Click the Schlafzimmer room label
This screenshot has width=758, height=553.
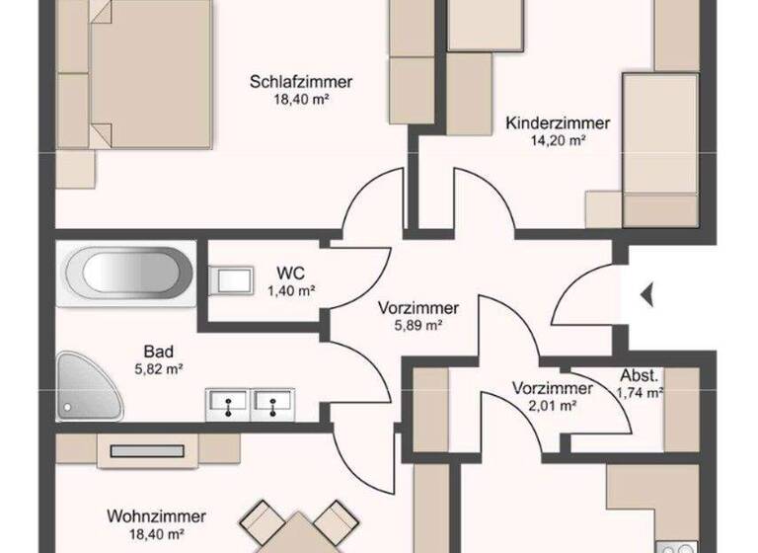click(301, 82)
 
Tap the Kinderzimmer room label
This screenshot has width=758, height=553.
click(558, 123)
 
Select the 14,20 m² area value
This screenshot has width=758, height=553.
click(558, 140)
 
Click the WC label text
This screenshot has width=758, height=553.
click(290, 273)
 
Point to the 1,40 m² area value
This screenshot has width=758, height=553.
click(290, 290)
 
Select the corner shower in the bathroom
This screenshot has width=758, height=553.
click(87, 384)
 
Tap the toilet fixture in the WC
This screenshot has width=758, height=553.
click(231, 279)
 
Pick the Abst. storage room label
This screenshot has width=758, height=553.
click(639, 375)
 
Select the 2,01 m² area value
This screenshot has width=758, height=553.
click(552, 405)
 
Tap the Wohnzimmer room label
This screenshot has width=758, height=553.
click(157, 516)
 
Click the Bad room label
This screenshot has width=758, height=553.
click(159, 351)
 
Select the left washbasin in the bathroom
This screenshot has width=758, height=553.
click(230, 403)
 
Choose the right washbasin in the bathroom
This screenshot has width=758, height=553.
click(273, 403)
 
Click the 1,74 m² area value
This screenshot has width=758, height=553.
click(639, 393)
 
